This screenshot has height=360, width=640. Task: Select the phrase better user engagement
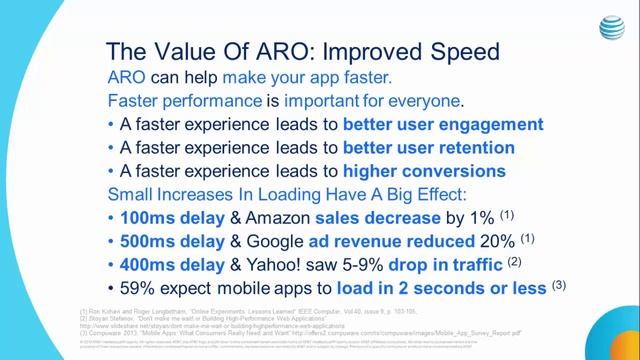[429, 125]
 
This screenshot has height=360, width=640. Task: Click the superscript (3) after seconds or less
[560, 284]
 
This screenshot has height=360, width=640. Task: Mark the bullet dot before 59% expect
[109, 288]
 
